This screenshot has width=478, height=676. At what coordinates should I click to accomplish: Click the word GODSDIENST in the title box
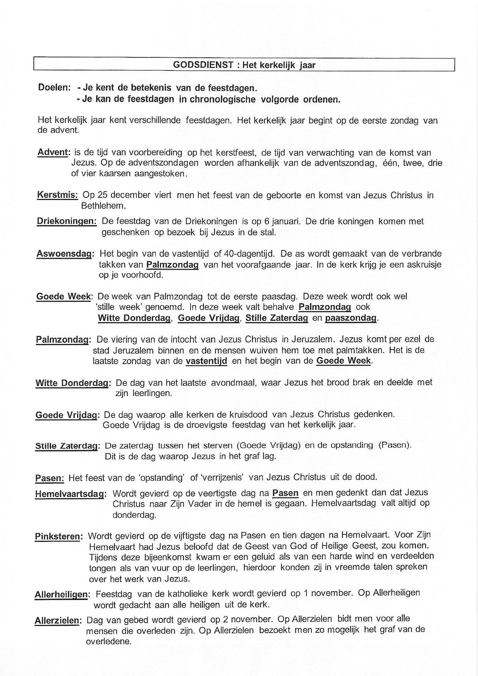coord(203,65)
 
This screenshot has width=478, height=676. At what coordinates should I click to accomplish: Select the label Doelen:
coord(54,88)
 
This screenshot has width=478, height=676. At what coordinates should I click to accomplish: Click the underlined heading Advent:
coord(54,153)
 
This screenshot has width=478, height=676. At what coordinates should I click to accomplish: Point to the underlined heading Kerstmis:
coord(57,195)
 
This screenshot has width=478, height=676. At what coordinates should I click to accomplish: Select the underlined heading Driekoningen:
coord(67,221)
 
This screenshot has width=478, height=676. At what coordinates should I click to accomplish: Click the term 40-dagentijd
coord(248,254)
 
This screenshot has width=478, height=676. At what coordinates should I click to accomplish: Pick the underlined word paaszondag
coord(351,318)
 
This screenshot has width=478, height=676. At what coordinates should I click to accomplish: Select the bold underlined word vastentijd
coord(206,361)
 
